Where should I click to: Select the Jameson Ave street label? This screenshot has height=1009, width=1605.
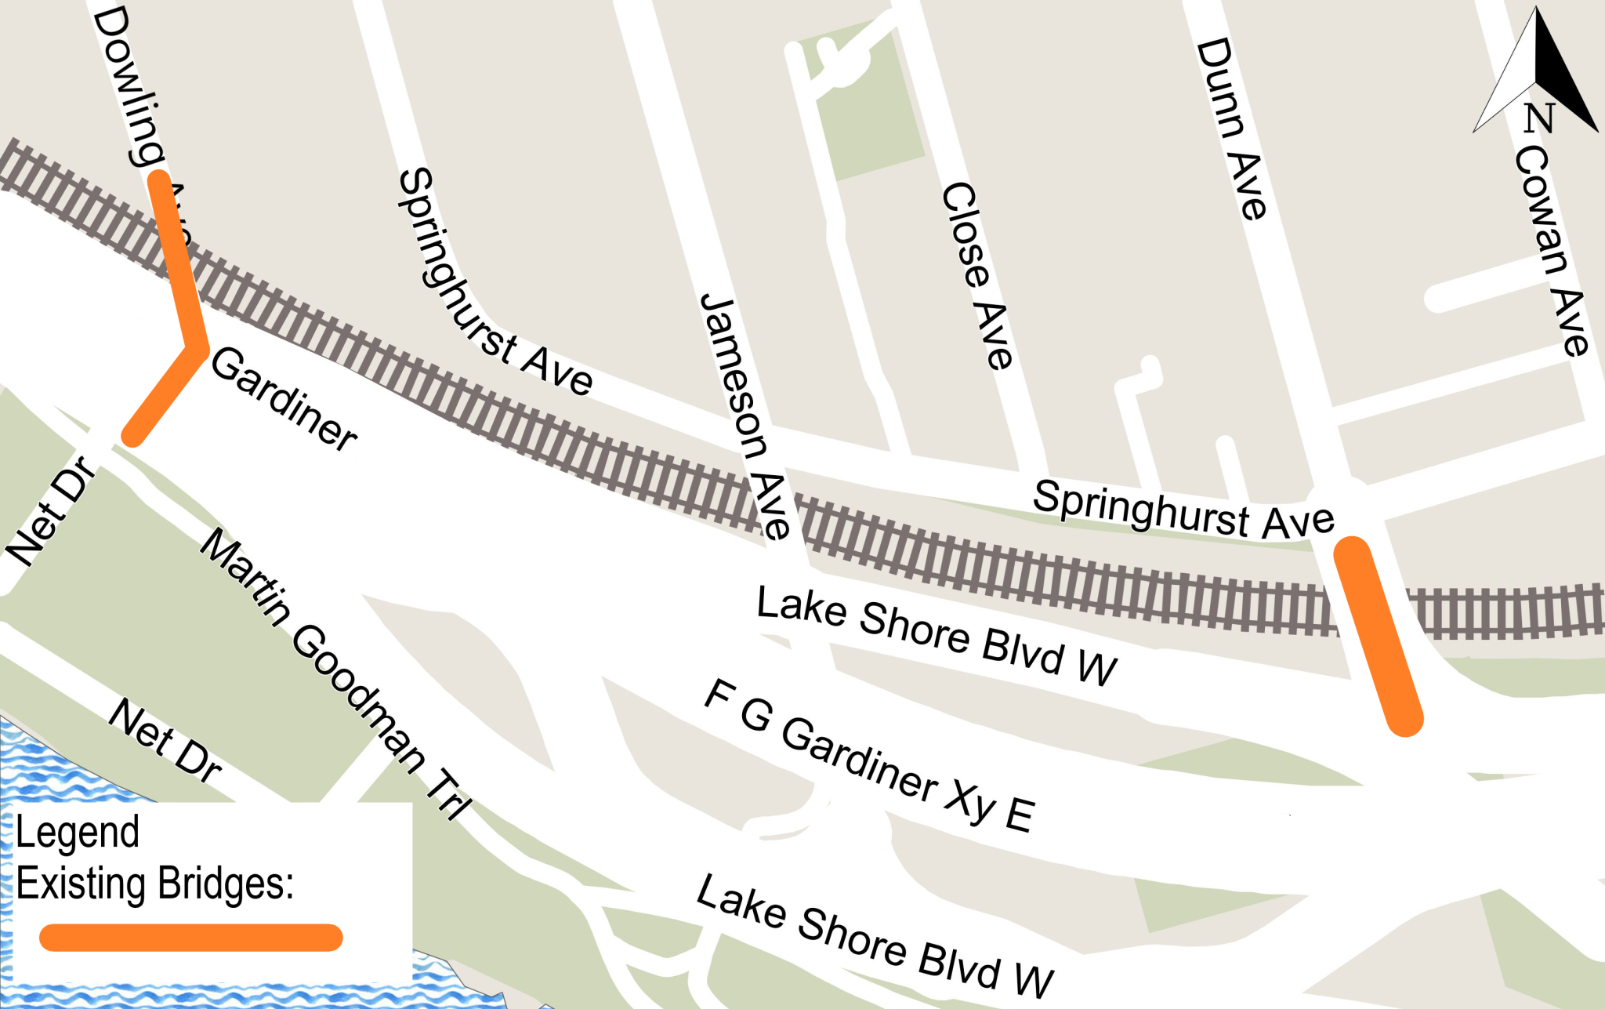coord(744,416)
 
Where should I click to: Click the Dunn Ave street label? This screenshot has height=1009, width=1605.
coord(1230,129)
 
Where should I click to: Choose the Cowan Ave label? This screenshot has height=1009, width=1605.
coord(1552,251)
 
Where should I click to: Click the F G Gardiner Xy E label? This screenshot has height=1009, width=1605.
coord(869,757)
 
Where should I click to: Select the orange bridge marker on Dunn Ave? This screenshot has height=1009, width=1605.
coord(1378,636)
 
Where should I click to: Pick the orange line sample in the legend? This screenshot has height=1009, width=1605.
coord(190,938)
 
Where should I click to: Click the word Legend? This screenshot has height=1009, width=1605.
coord(77,833)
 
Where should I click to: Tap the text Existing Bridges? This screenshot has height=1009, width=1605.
coord(154,884)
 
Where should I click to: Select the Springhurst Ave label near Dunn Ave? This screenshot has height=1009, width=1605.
coord(1183,510)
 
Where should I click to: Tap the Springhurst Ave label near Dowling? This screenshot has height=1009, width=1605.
coord(494,282)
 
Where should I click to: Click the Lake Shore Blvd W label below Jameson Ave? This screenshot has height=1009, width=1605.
coord(937,636)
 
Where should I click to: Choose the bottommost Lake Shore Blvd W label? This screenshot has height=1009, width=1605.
coord(875,936)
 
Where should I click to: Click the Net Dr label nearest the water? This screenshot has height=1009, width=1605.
coord(165,740)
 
